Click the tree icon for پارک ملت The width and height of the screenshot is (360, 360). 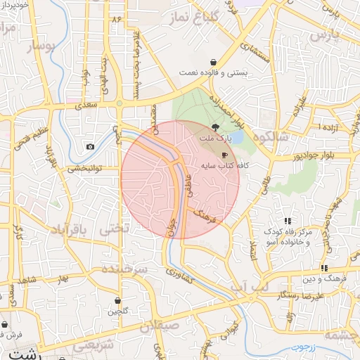click(214, 127)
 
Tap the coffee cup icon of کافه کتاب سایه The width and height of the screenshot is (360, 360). click(224, 154)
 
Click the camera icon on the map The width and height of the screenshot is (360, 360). click(90, 146)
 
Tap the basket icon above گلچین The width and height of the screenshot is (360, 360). click(117, 300)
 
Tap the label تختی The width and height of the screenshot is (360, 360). click(115, 229)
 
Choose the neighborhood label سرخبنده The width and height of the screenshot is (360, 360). click(122, 269)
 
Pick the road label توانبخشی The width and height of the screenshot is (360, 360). click(85, 169)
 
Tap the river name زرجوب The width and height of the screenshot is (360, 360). click(307, 347)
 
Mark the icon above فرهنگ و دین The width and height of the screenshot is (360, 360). click(323, 268)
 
